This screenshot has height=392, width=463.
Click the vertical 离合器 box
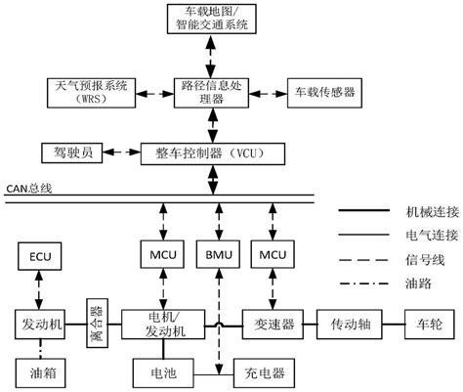(x=96, y=320)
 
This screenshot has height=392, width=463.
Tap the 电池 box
(x=161, y=371)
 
